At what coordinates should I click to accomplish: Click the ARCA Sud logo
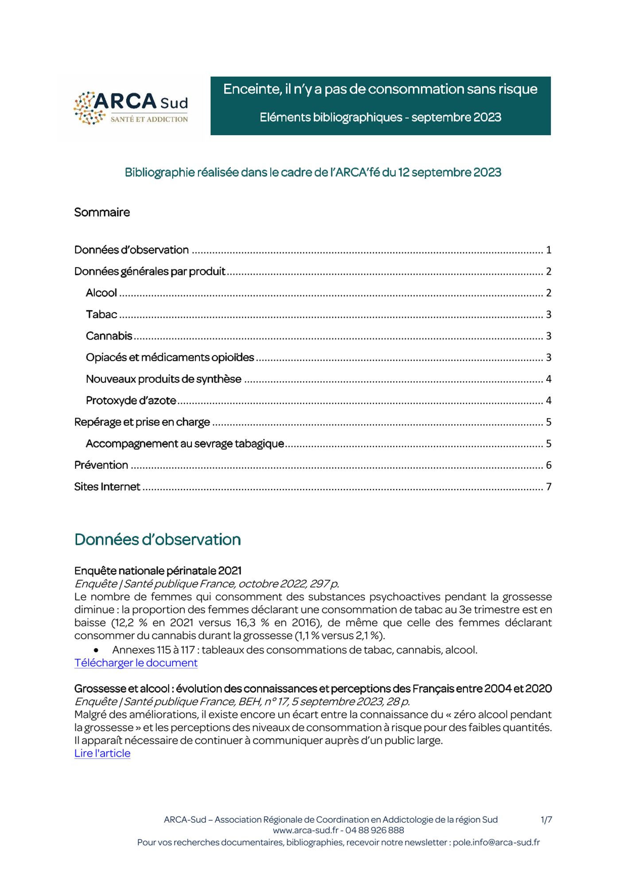(x=131, y=108)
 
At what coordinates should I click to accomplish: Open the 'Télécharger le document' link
(x=136, y=663)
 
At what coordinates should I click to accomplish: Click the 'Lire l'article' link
(x=102, y=753)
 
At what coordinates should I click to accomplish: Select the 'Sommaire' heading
(x=102, y=212)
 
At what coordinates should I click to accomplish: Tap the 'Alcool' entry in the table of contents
(x=101, y=293)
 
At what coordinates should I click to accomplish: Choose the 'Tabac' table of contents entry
(x=101, y=315)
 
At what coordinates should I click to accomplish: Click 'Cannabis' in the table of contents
(x=109, y=336)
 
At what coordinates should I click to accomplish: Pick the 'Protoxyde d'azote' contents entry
(x=131, y=400)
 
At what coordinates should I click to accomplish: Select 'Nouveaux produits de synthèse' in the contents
(x=164, y=379)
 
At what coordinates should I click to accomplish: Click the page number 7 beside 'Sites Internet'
(x=549, y=487)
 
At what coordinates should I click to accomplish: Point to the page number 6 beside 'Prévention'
(x=549, y=465)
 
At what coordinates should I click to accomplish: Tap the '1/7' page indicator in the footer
(x=546, y=820)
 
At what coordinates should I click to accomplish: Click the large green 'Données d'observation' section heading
(x=158, y=540)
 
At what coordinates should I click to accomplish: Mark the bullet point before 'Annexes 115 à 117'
(x=96, y=650)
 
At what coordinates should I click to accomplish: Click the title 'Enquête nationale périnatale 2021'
(x=158, y=571)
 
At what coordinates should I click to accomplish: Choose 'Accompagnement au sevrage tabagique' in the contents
(x=185, y=443)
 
